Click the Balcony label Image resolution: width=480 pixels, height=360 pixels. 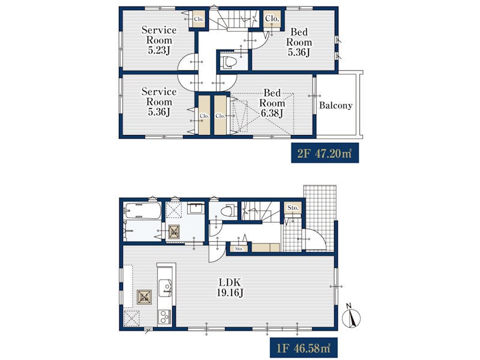coord(335,106)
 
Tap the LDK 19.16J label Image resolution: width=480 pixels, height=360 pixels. coord(230,287)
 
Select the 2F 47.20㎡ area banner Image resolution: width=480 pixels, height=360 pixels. coord(325,153)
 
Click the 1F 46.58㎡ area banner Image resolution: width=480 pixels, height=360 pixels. coord(304,348)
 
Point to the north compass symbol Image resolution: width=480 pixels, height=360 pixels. coord(351,316)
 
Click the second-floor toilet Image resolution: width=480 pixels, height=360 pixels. coord(230,62)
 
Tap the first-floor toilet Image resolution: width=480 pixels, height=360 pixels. coord(229,210)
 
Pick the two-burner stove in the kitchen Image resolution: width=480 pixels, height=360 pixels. coord(165,317)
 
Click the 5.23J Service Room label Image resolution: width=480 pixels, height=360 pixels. coord(159,40)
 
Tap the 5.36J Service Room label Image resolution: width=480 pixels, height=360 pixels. coord(159,101)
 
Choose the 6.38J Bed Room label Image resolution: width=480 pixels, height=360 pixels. coord(272,103)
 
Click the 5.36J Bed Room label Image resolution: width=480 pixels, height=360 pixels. coord(299,42)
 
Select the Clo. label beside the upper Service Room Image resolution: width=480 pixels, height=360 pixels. coord(199,19)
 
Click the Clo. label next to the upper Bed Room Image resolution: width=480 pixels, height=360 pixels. coord(272,19)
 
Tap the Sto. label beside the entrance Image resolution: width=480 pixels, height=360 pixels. coord(293,208)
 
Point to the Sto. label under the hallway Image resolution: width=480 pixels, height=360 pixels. coord(239,248)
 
